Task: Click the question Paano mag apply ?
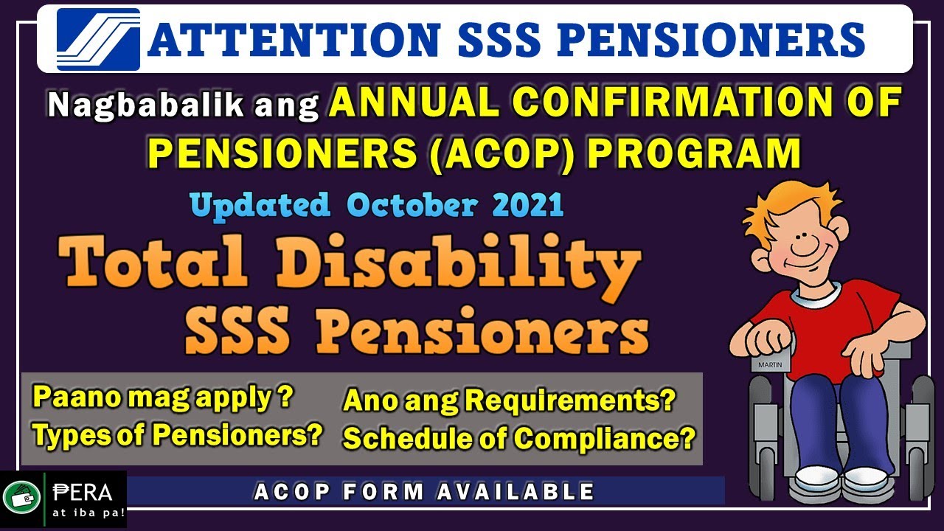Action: (163, 398)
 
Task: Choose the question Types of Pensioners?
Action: (178, 436)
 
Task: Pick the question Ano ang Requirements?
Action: (510, 401)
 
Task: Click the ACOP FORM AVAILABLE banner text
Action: (424, 491)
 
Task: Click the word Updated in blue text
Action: (259, 205)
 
